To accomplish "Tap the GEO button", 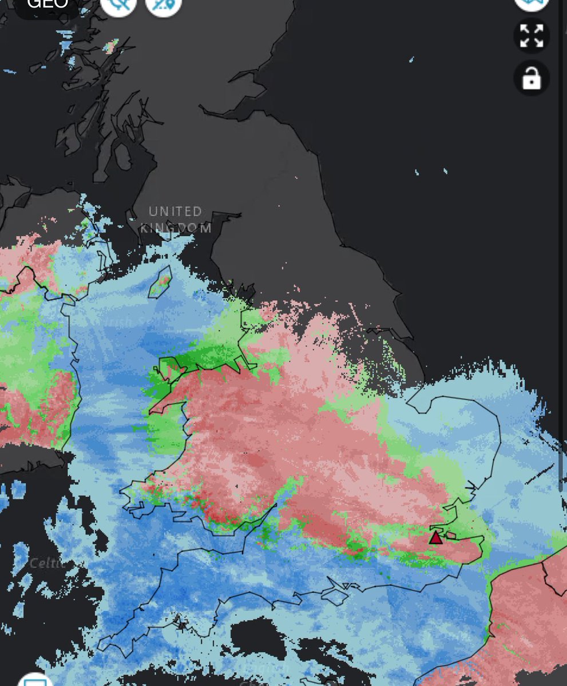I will [x=47, y=5].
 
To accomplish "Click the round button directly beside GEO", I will [x=118, y=6].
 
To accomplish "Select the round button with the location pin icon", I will [x=164, y=6].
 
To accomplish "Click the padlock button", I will [x=532, y=78].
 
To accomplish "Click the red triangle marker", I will [x=436, y=537].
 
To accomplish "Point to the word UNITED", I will [x=175, y=212].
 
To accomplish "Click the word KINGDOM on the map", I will [x=176, y=228].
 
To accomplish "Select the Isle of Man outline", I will [x=161, y=282].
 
